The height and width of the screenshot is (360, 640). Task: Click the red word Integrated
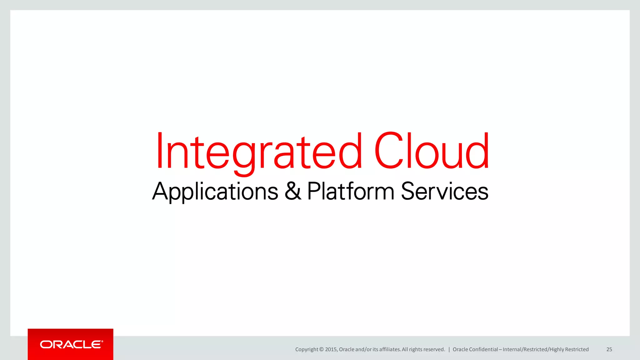pyautogui.click(x=259, y=152)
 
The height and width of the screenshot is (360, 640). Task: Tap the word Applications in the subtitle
pyautogui.click(x=215, y=192)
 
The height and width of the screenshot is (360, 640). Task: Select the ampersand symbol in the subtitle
pyautogui.click(x=293, y=191)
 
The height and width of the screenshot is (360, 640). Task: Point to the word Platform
pyautogui.click(x=351, y=191)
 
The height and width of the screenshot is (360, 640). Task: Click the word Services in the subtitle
pyautogui.click(x=444, y=191)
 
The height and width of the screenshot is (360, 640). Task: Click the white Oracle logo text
pyautogui.click(x=71, y=344)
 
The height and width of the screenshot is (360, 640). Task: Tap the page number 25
pyautogui.click(x=609, y=349)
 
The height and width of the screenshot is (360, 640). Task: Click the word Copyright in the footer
pyautogui.click(x=307, y=349)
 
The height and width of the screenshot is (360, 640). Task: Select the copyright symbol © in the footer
pyautogui.click(x=322, y=349)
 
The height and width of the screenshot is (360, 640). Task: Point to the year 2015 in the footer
pyautogui.click(x=331, y=349)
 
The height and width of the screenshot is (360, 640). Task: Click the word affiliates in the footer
pyautogui.click(x=390, y=349)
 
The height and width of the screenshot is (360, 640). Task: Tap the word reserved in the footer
pyautogui.click(x=434, y=349)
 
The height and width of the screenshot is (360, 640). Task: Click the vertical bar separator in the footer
pyautogui.click(x=449, y=349)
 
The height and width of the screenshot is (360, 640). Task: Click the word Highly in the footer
pyautogui.click(x=557, y=349)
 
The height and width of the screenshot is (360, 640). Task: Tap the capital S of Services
pyautogui.click(x=409, y=191)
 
